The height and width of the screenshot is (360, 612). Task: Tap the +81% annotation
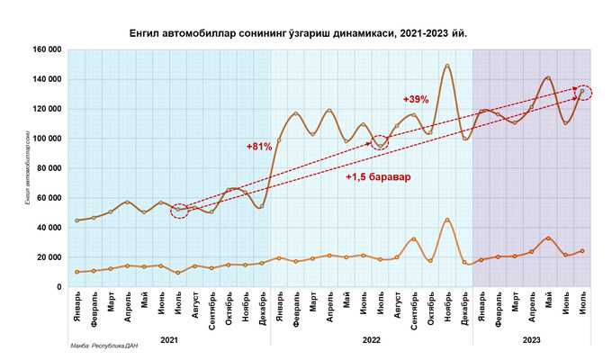(x=258, y=146)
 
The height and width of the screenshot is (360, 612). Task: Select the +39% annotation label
(x=417, y=99)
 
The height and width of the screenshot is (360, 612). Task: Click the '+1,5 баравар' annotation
(x=377, y=176)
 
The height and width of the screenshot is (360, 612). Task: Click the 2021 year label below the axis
(x=169, y=339)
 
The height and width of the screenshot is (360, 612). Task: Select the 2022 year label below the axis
(x=371, y=339)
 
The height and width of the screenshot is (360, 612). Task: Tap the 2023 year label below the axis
(x=531, y=339)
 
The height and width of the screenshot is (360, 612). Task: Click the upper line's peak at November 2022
(x=447, y=66)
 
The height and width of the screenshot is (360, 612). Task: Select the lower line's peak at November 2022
(x=447, y=220)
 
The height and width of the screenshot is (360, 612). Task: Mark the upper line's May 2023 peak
(x=548, y=78)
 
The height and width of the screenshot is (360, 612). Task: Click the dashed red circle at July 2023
(x=583, y=92)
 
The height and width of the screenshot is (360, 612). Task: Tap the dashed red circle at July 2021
(x=178, y=211)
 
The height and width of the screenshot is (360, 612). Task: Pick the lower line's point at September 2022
(x=414, y=239)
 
